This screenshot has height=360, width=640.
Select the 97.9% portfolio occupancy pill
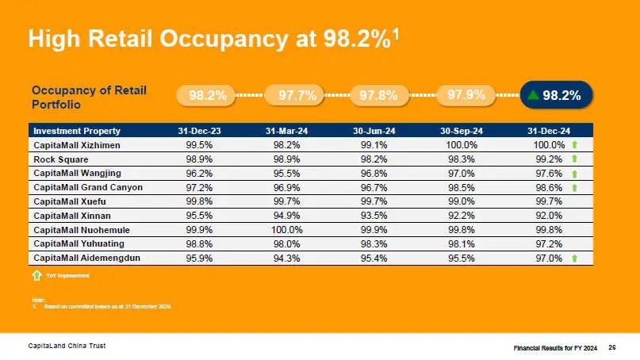tap(466, 95)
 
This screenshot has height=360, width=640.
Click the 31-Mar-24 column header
tap(287, 131)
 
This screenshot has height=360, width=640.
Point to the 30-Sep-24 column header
tap(462, 131)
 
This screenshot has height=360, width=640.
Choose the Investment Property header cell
tap(77, 131)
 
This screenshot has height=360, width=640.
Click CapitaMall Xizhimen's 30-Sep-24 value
tap(462, 145)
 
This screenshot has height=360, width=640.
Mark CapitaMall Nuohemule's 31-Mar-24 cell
tap(287, 230)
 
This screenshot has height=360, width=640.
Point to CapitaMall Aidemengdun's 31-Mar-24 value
tap(287, 259)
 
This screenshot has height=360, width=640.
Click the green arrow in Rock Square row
tap(574, 159)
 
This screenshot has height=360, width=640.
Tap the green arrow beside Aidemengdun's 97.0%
tap(574, 259)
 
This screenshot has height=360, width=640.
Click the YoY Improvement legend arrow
tap(36, 275)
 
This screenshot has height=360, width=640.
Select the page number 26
tap(612, 347)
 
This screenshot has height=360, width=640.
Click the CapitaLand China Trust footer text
tap(67, 347)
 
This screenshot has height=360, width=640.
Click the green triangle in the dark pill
tap(534, 96)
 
